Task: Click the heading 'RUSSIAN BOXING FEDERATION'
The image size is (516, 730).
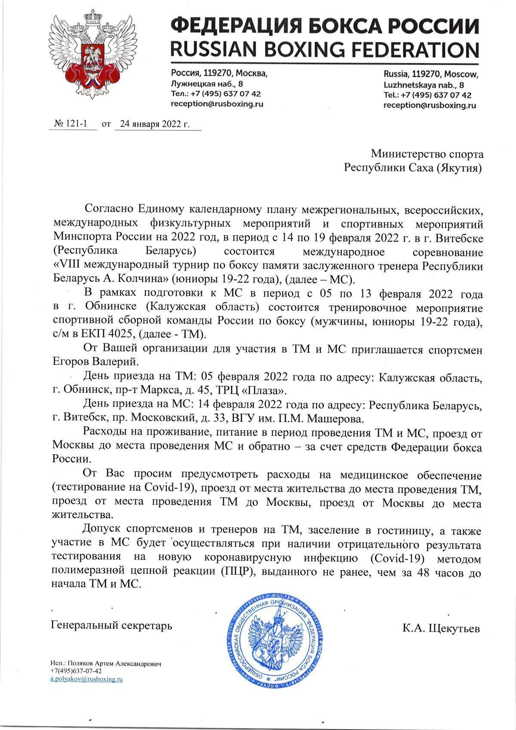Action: (x=324, y=49)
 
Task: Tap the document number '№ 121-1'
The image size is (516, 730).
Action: (x=71, y=124)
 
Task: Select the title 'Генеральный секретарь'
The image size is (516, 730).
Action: (x=112, y=625)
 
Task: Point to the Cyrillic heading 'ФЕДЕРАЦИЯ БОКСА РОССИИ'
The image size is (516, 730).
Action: (x=324, y=25)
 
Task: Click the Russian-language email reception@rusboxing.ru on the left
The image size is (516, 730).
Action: (x=217, y=104)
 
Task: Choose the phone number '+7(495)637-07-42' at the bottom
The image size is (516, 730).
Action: (x=76, y=671)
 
